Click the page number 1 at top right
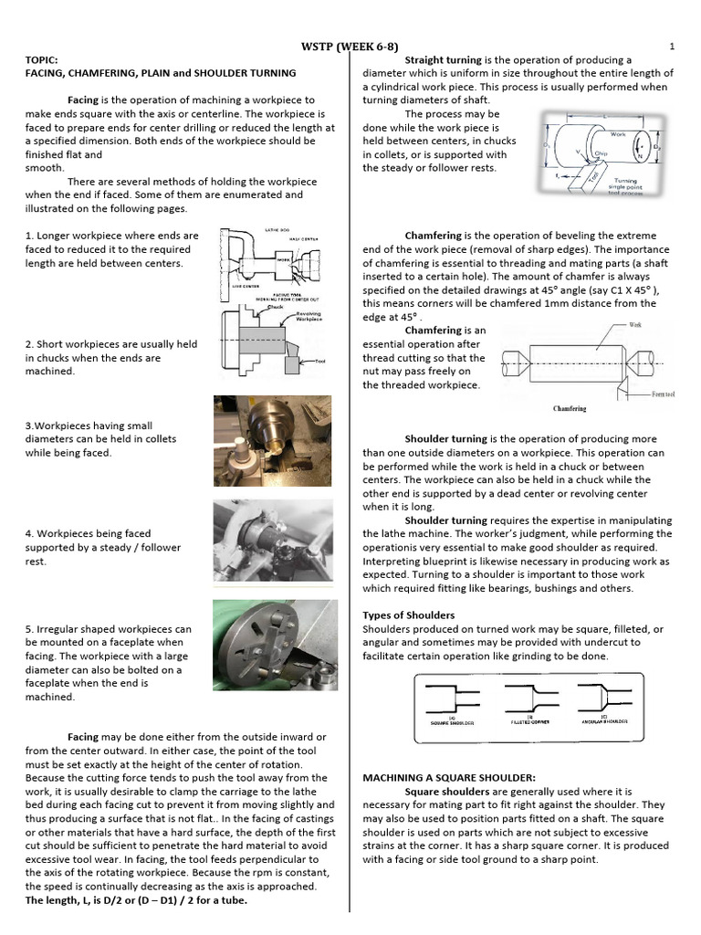pyautogui.click(x=671, y=47)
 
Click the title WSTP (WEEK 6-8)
pyautogui.click(x=350, y=47)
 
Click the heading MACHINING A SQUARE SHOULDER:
pyautogui.click(x=444, y=777)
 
